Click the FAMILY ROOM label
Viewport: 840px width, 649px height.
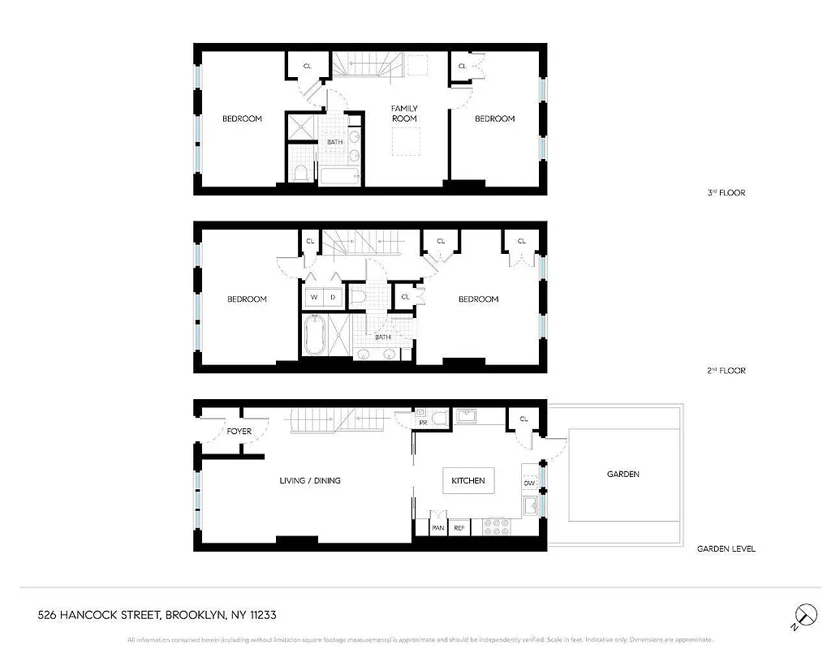404,114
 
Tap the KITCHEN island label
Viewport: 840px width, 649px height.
468,481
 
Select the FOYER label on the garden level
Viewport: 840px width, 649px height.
239,432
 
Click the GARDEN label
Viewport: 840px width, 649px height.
623,474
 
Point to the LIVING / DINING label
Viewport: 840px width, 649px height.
310,481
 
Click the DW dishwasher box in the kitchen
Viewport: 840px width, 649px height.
529,484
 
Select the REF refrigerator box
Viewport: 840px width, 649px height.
459,528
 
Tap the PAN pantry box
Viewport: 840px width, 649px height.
437,528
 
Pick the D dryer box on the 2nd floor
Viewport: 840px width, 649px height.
333,298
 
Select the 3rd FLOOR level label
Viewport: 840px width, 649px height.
726,193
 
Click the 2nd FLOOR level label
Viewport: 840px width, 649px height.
726,371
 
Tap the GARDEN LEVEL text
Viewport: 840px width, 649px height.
726,549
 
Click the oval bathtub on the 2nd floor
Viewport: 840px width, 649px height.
312,337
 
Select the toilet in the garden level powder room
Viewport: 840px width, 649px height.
438,419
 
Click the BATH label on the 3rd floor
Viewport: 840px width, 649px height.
334,143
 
